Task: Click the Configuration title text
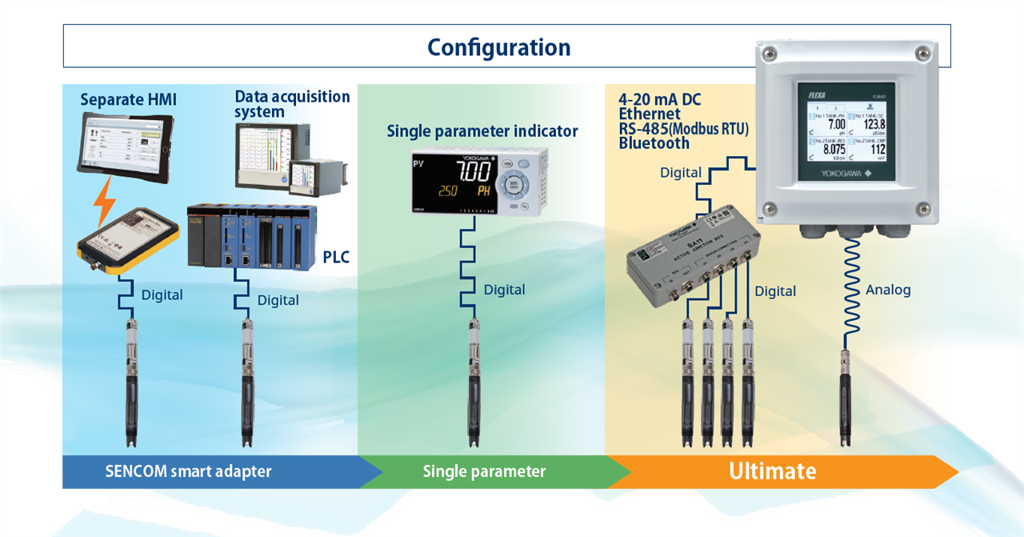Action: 498,47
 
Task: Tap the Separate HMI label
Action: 128,100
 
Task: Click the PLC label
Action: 336,258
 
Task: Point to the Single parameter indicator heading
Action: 482,131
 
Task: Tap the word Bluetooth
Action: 654,143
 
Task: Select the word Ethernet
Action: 649,114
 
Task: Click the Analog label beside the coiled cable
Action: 888,290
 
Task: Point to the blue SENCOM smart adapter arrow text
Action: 188,471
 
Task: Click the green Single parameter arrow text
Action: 484,471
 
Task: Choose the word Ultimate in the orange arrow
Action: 772,471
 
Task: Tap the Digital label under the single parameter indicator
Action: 504,290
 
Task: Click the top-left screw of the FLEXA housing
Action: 770,54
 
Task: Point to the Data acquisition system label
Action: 292,104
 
